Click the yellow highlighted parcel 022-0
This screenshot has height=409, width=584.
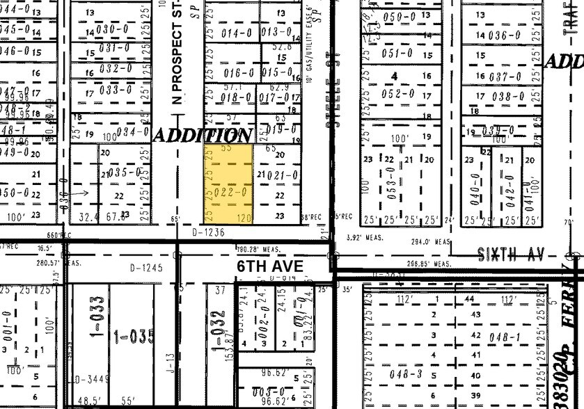click(228, 185)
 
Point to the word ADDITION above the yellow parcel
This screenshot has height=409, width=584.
click(202, 135)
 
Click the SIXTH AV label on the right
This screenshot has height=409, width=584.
click(511, 255)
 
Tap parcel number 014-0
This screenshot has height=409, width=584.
click(236, 32)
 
